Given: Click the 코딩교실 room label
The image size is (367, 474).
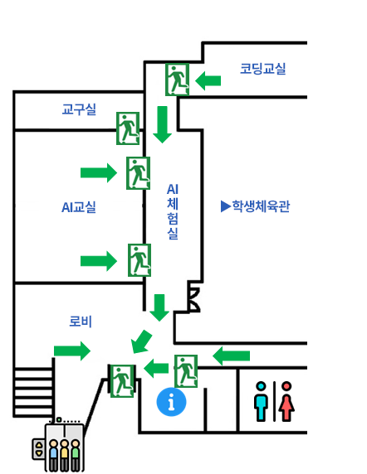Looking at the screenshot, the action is [263, 69].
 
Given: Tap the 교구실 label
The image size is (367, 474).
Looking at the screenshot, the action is [79, 109].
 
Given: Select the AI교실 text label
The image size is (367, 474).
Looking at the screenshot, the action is [79, 207].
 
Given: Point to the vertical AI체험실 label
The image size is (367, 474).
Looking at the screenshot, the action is [173, 211].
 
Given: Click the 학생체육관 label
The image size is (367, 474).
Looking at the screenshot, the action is [261, 206].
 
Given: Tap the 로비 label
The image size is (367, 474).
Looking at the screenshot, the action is [81, 321].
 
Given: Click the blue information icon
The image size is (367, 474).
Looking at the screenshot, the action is [171, 402].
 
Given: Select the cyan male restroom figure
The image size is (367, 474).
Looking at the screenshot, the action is [261, 401].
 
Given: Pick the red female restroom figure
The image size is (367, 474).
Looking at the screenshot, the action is [286, 401].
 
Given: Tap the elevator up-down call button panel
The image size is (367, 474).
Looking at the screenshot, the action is [38, 449].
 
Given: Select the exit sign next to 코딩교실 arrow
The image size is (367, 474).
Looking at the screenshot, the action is [177, 80].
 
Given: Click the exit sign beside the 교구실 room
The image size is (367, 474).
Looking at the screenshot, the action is [128, 128].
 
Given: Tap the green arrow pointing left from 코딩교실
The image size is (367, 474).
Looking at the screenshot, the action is [208, 80].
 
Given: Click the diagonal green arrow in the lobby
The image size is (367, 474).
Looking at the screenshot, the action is [141, 342].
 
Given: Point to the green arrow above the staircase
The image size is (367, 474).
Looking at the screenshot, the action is [72, 351].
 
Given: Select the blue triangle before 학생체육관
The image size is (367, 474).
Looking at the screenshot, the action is [226, 206].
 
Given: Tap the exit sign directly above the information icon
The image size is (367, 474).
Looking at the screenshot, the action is [186, 371].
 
